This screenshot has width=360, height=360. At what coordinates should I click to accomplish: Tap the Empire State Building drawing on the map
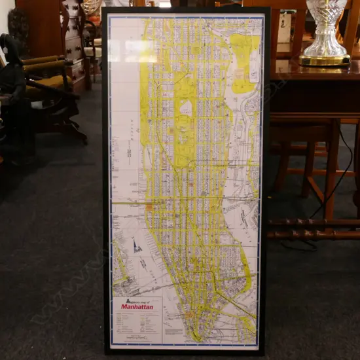(x=137, y=246)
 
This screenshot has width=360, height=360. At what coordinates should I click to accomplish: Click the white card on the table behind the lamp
(x=285, y=27)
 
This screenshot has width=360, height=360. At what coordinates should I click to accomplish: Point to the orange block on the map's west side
(x=149, y=207)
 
